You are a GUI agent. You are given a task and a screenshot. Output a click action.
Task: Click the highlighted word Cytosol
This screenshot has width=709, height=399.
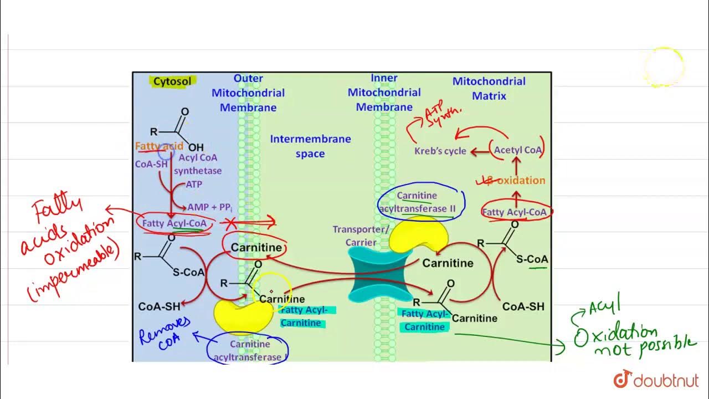[172, 81]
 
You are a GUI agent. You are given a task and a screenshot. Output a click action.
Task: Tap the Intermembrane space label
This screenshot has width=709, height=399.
[310, 146]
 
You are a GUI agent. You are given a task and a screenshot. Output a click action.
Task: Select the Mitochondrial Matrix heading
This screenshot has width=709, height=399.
[489, 88]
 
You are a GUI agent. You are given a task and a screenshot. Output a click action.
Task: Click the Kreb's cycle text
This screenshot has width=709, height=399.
[440, 151]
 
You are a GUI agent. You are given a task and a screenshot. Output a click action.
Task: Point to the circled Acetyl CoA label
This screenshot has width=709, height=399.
[518, 150]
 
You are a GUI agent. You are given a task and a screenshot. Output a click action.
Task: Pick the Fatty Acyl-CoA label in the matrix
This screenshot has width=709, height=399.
[514, 212]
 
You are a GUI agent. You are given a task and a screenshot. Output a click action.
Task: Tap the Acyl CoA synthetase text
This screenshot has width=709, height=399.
[198, 164]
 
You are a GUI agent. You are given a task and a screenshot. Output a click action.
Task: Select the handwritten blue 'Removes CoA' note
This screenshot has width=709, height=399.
[165, 332]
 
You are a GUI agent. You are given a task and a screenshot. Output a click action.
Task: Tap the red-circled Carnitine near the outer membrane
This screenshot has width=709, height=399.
[256, 248]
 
